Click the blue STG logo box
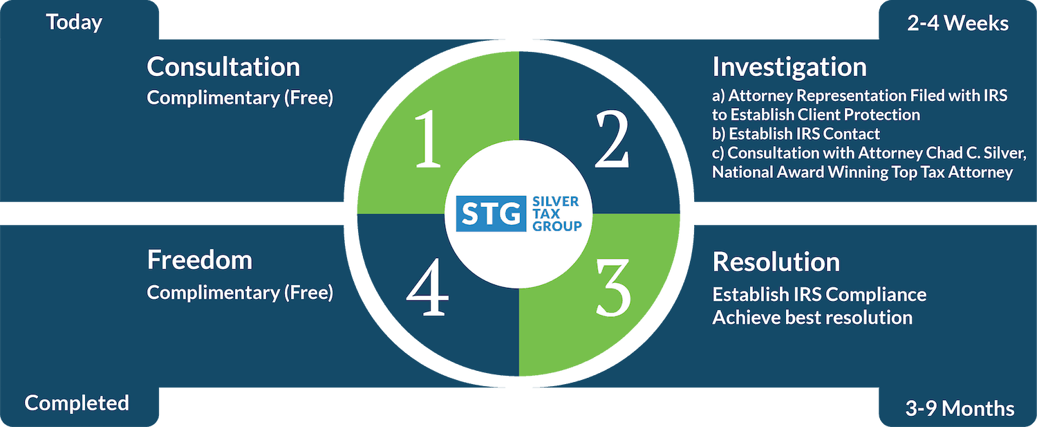pyautogui.click(x=490, y=214)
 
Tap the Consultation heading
pyautogui.click(x=223, y=67)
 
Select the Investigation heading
pyautogui.click(x=789, y=67)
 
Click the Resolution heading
pyautogui.click(x=776, y=262)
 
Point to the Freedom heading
pyautogui.click(x=199, y=260)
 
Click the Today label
pyautogui.click(x=74, y=22)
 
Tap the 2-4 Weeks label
pyautogui.click(x=957, y=23)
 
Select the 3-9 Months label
pyautogui.click(x=960, y=408)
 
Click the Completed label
pyautogui.click(x=77, y=403)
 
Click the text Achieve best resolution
pyautogui.click(x=812, y=318)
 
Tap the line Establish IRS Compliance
pyautogui.click(x=819, y=294)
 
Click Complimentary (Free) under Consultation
pyautogui.click(x=240, y=98)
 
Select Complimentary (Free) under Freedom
pyautogui.click(x=240, y=293)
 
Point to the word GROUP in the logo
pyautogui.click(x=557, y=226)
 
